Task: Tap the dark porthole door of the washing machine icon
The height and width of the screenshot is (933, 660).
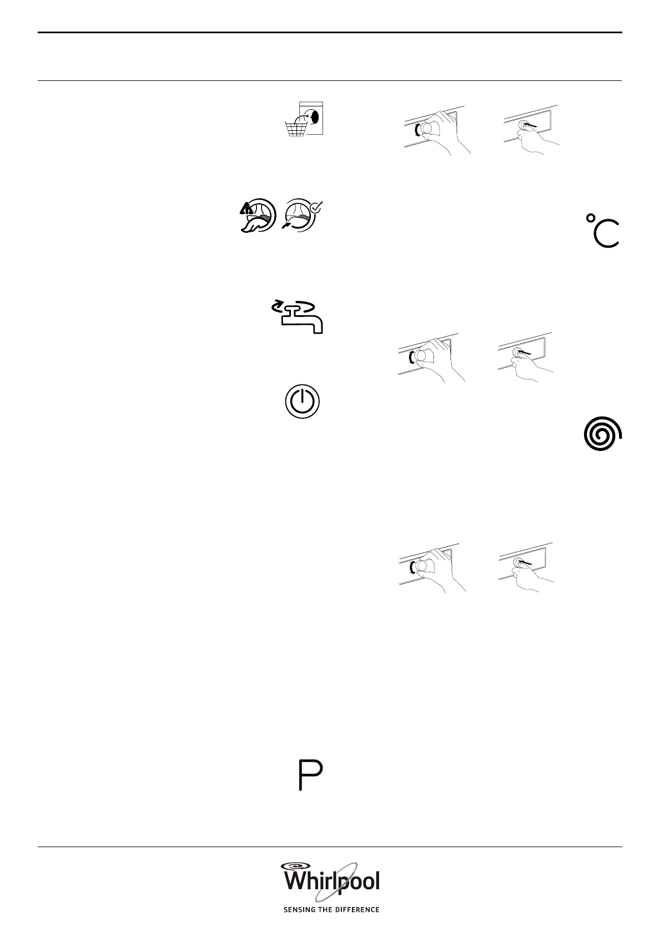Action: [314, 117]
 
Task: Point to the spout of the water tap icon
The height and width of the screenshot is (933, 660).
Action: [317, 327]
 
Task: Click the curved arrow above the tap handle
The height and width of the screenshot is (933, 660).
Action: [277, 305]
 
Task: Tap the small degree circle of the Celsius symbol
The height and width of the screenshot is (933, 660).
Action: [591, 218]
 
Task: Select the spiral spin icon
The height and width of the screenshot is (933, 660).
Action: [602, 433]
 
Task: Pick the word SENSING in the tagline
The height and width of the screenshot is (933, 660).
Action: [299, 910]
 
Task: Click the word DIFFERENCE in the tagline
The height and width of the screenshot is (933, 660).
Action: [358, 910]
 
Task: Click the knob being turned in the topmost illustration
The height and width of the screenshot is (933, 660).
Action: [426, 129]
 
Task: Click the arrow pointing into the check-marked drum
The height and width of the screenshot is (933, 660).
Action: [287, 224]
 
